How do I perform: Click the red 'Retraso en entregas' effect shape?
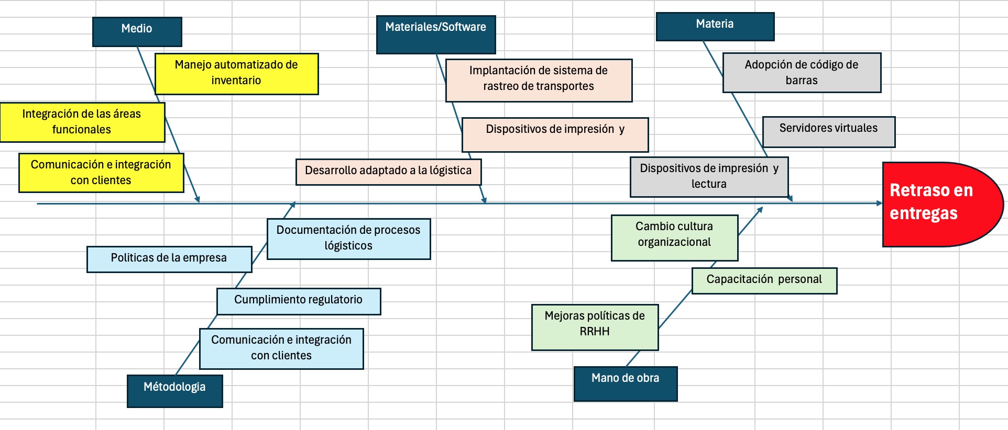point(940,204)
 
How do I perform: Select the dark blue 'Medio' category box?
point(137,31)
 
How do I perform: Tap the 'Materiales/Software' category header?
point(436,34)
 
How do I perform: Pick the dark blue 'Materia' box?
point(715,26)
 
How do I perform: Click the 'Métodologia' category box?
point(174,390)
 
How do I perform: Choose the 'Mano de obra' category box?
point(626,383)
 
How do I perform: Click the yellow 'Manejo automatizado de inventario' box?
point(236,73)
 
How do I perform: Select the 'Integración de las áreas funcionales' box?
point(82,122)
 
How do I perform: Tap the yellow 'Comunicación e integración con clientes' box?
point(101,173)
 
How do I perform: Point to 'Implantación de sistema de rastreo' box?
point(539,80)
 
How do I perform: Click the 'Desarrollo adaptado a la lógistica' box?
point(388,172)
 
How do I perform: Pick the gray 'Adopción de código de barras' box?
point(802,72)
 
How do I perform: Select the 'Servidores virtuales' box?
point(828,131)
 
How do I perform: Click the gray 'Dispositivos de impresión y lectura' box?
point(709,177)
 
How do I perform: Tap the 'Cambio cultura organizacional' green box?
point(674,237)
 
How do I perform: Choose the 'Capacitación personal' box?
point(764,280)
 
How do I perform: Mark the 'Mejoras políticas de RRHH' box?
point(595,327)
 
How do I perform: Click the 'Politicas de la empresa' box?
point(169,259)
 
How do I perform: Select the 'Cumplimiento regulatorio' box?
point(298,301)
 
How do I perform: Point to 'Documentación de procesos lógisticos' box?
point(348,239)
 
